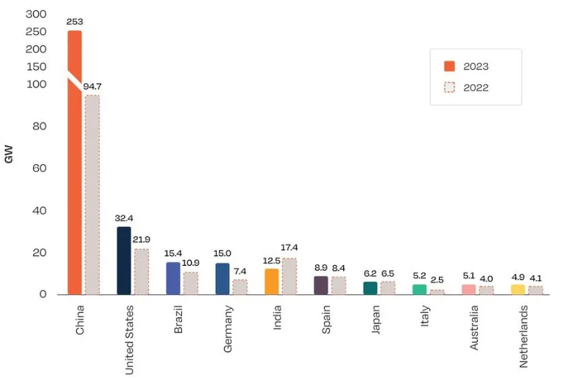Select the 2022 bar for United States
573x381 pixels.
(x=141, y=272)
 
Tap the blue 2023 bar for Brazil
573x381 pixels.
(x=173, y=278)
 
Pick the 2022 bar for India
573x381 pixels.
(x=289, y=276)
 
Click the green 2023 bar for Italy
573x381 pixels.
(x=419, y=289)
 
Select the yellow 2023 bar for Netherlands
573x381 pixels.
(x=518, y=289)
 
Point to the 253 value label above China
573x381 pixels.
(x=74, y=22)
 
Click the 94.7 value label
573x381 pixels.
(x=92, y=87)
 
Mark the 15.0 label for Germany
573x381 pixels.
(x=222, y=254)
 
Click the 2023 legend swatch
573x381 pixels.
(x=450, y=66)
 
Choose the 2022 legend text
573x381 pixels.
(x=476, y=88)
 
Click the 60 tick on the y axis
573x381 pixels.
(x=40, y=168)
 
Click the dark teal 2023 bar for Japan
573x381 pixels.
(x=370, y=288)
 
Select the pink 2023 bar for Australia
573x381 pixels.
(x=469, y=289)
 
